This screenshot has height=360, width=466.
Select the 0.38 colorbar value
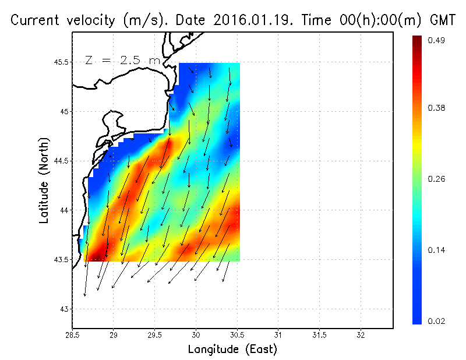pos(437,108)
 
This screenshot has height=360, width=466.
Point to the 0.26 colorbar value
pos(437,179)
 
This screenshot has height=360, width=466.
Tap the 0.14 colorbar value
pos(437,250)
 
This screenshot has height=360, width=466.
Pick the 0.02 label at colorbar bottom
pos(437,321)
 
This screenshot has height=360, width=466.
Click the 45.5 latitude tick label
pos(61,62)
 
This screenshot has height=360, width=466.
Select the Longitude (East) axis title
pos(232,350)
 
